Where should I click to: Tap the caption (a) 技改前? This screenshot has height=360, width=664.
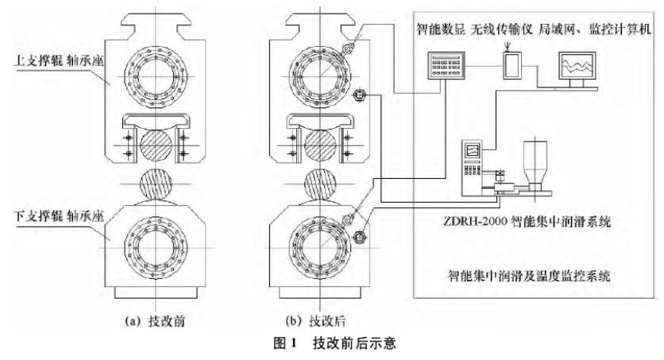click(x=157, y=323)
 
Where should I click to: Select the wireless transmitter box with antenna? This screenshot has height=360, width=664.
click(x=514, y=64)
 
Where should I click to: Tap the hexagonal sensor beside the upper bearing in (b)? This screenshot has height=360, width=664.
click(x=358, y=96)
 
